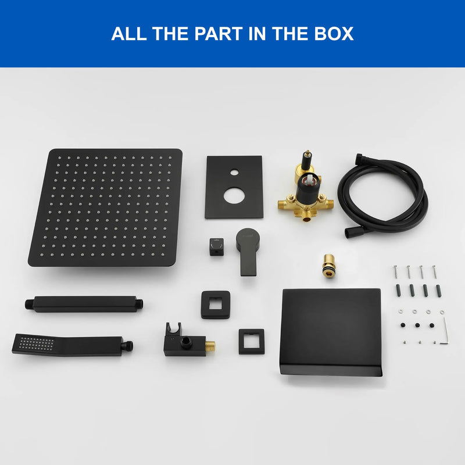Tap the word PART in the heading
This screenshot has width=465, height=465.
(219, 34)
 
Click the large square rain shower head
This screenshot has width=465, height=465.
(106, 208)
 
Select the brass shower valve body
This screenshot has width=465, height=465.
(306, 187)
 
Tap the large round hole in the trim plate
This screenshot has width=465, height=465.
(234, 196)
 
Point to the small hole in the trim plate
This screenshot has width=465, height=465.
(234, 173)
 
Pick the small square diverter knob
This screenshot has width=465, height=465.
(217, 246)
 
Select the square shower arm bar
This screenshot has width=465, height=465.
(84, 304)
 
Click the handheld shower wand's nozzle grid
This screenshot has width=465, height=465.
(37, 344)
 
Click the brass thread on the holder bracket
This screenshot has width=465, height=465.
(210, 345)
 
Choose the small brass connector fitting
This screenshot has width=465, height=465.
(329, 266)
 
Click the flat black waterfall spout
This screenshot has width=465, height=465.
(331, 332)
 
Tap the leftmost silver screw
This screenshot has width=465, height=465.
(396, 271)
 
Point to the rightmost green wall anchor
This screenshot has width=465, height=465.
(438, 291)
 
